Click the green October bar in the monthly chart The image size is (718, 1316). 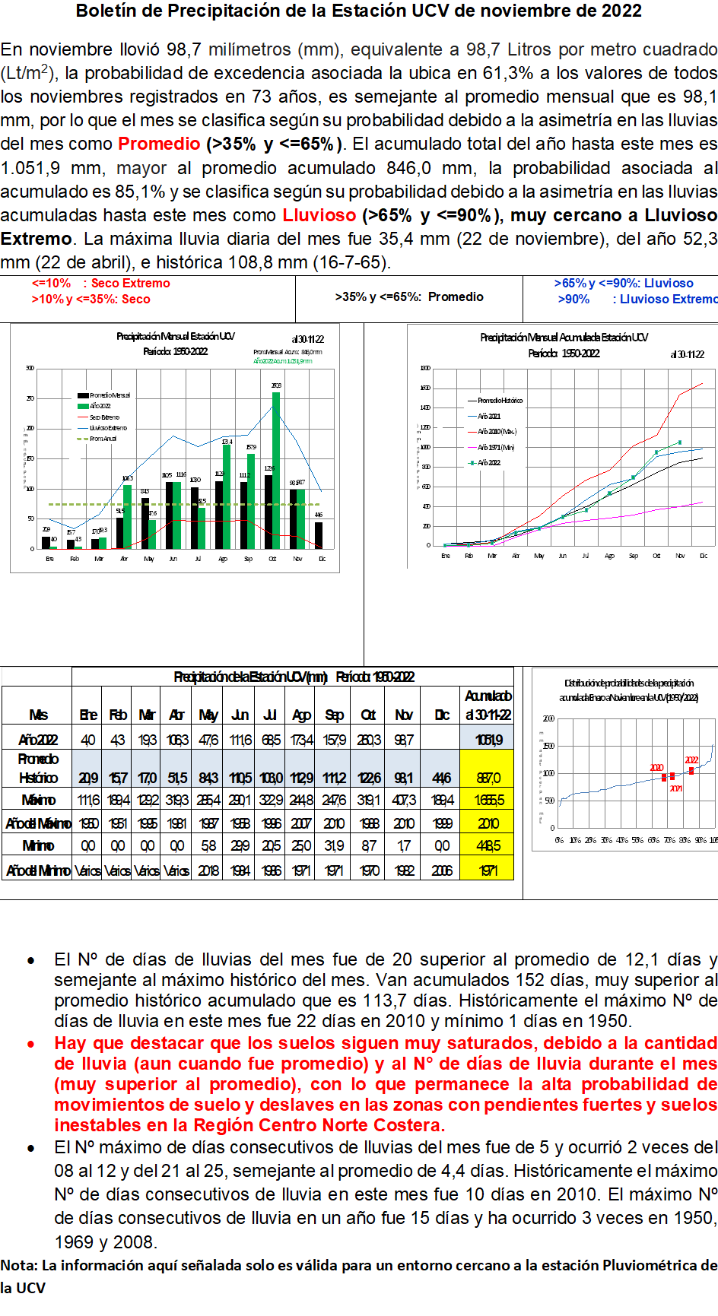tap(276, 471)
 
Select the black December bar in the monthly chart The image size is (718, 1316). tap(319, 535)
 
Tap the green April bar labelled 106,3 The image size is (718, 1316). tap(127, 517)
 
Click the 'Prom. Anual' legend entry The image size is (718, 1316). tap(103, 439)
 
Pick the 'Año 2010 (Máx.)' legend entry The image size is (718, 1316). tap(497, 431)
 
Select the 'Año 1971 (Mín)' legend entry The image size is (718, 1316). tap(496, 447)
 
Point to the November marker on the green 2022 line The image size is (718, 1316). tap(679, 442)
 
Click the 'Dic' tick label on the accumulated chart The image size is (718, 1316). tap(704, 556)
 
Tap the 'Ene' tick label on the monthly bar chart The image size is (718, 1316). tap(49, 559)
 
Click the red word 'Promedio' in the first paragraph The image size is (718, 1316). tap(159, 144)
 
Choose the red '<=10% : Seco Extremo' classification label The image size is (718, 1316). tap(100, 283)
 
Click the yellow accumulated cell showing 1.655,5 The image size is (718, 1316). tap(488, 800)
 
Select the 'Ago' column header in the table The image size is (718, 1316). tap(301, 715)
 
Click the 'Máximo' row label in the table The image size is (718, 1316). tap(38, 800)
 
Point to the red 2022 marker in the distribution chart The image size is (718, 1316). tap(691, 771)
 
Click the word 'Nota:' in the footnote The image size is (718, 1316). tap(19, 1265)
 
